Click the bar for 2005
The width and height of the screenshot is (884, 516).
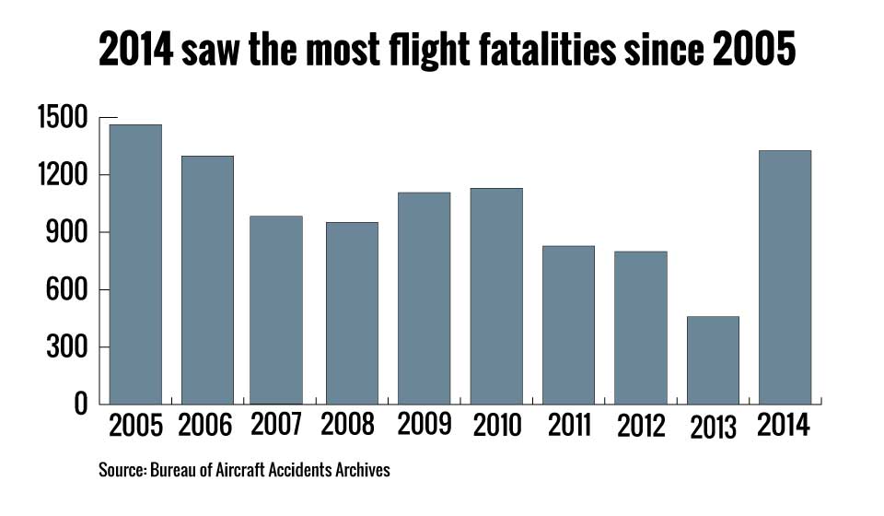[x=135, y=264]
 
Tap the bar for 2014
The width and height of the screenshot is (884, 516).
[x=785, y=276]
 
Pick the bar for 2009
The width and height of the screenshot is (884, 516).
[x=424, y=298]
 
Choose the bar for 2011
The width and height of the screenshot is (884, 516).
[x=568, y=324]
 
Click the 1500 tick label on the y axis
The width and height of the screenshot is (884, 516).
[x=62, y=118]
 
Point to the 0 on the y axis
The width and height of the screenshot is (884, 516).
[x=82, y=405]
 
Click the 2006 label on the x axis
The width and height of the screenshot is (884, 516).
[x=206, y=426]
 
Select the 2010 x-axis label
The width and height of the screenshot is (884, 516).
[x=495, y=426]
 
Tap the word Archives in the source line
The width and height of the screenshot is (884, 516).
[x=364, y=471]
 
